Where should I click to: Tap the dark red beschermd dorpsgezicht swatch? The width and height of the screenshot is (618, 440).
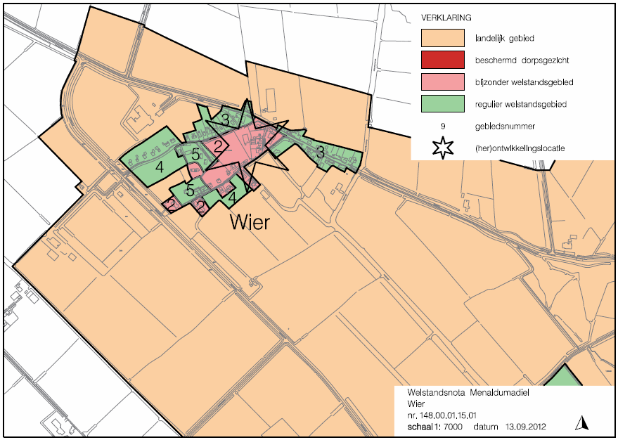tap(443, 60)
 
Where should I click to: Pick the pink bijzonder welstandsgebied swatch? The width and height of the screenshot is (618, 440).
tap(443, 82)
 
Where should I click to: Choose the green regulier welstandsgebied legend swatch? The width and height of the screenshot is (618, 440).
tap(443, 104)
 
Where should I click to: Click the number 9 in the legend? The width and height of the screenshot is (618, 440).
tap(444, 127)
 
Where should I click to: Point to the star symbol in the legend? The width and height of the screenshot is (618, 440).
tap(444, 148)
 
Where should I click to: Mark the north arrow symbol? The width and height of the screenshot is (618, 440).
tap(581, 422)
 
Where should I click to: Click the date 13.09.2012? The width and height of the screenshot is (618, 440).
tap(521, 427)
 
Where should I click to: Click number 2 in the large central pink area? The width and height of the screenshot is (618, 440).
tap(218, 148)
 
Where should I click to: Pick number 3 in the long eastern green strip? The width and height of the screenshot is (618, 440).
tap(319, 152)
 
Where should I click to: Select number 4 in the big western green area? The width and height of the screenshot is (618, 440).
tap(160, 167)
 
